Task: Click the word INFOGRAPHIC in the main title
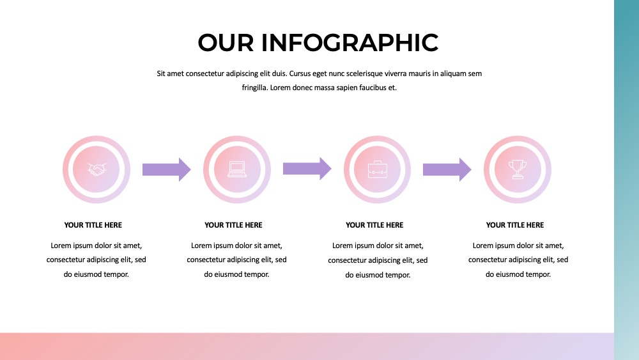350,43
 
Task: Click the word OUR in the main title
226,43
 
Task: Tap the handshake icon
96,169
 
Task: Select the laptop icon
237,169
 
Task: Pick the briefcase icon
378,169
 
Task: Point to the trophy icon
518,169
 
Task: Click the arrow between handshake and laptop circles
166,169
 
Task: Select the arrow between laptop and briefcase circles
307,168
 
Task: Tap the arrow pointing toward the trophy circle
447,169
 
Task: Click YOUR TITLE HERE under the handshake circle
93,225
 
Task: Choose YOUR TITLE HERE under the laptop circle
233,225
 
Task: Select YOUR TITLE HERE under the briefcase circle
374,225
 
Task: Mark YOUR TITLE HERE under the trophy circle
515,225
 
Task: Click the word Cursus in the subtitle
300,74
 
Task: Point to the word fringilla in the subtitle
255,88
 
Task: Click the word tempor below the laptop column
257,275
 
